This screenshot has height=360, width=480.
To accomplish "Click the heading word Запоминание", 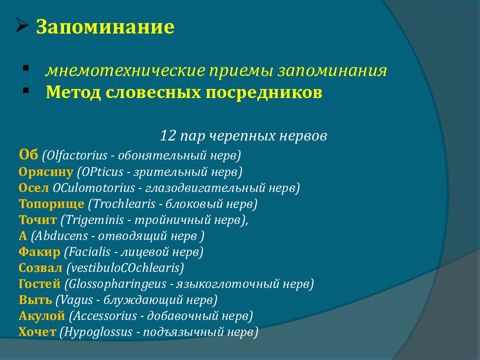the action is [x=105, y=26].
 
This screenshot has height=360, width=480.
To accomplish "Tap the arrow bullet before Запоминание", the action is [x=22, y=25].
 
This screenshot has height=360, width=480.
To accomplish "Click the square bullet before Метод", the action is [x=25, y=90].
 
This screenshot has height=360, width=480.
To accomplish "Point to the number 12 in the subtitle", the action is [x=168, y=135].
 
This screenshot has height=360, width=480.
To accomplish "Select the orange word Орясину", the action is [x=46, y=172].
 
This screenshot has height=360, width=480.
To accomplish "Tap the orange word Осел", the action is [x=33, y=187].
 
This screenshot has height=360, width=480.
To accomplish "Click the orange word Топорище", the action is [x=51, y=204].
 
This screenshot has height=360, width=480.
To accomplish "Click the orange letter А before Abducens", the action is [x=23, y=236].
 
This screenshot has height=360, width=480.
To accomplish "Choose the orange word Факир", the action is [x=39, y=252].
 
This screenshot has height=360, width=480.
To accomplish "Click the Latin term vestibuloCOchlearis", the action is [x=125, y=268].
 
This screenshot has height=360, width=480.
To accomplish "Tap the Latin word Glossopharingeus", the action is [x=117, y=284].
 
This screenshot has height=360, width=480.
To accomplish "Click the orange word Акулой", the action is [x=42, y=316].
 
